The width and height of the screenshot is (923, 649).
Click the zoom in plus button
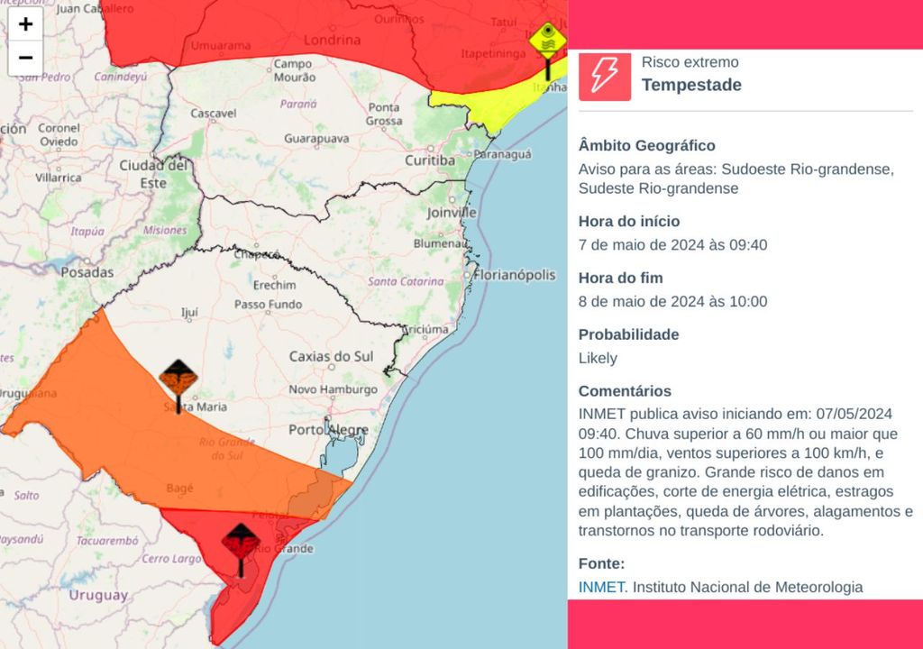25,24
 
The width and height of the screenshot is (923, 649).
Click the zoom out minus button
25,58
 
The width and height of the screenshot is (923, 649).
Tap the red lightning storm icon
605,75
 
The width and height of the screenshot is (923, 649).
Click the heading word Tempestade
691,85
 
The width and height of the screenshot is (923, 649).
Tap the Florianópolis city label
516,275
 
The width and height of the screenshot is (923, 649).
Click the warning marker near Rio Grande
241,542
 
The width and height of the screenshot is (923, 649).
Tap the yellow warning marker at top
546,41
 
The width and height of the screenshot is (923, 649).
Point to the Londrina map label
332,40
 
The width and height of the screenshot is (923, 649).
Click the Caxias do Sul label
331,357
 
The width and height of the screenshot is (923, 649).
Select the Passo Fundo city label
268,305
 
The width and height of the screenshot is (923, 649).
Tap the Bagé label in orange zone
180,488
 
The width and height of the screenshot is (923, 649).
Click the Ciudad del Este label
154,174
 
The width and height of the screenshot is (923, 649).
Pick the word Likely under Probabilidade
598,358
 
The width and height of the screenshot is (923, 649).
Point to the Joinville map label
452,213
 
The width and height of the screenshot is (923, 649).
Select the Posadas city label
87,271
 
